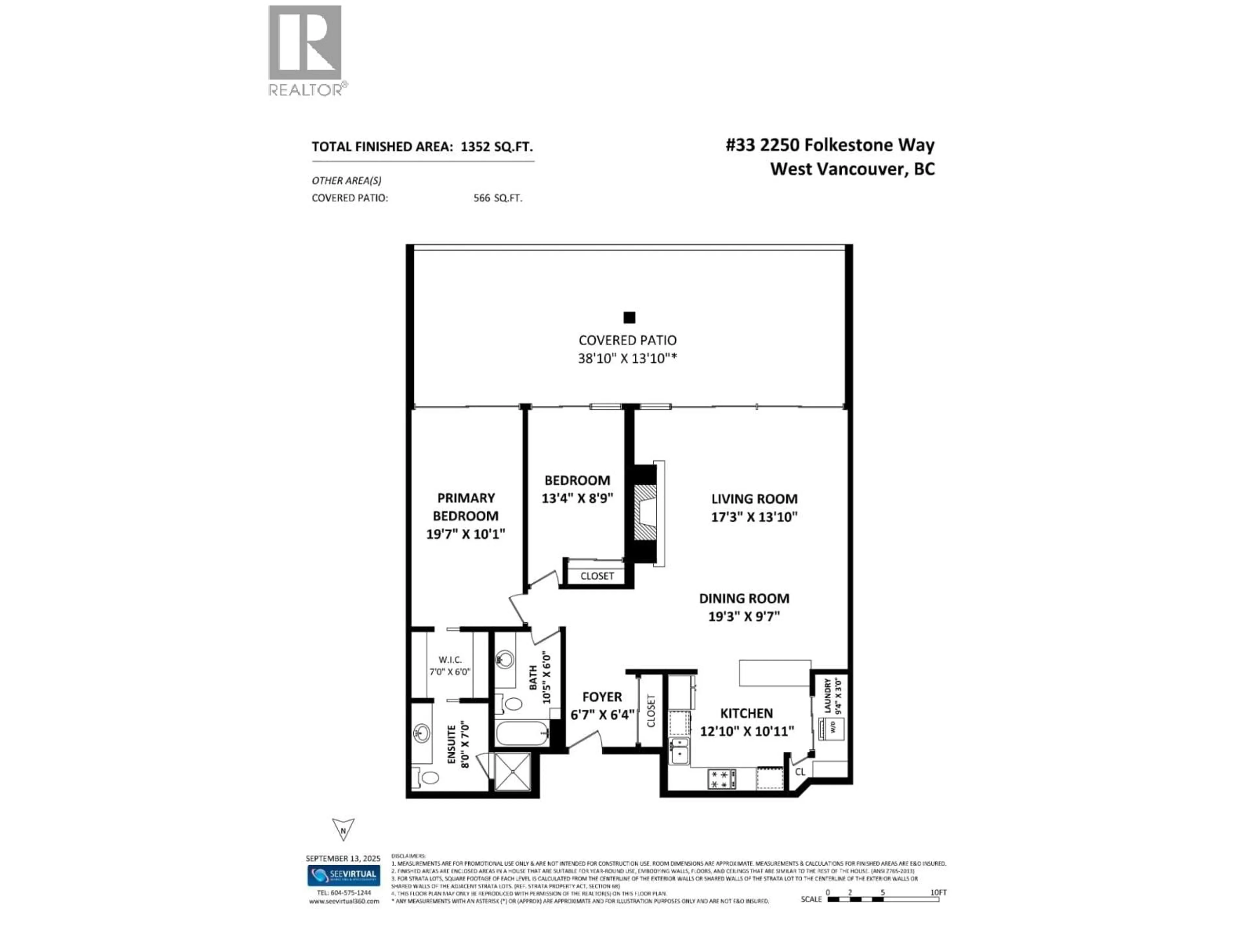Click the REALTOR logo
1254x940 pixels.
(x=305, y=50)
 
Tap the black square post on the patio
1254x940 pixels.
(x=629, y=317)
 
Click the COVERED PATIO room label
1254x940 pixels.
(x=627, y=340)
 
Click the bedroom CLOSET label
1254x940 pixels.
(x=597, y=576)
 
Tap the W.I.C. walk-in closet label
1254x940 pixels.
(x=450, y=660)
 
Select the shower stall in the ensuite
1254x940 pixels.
(x=512, y=771)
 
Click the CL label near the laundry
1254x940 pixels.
(x=800, y=772)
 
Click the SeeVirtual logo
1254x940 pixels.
(x=344, y=874)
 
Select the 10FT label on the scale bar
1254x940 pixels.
(x=938, y=892)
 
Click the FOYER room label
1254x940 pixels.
(x=602, y=697)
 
